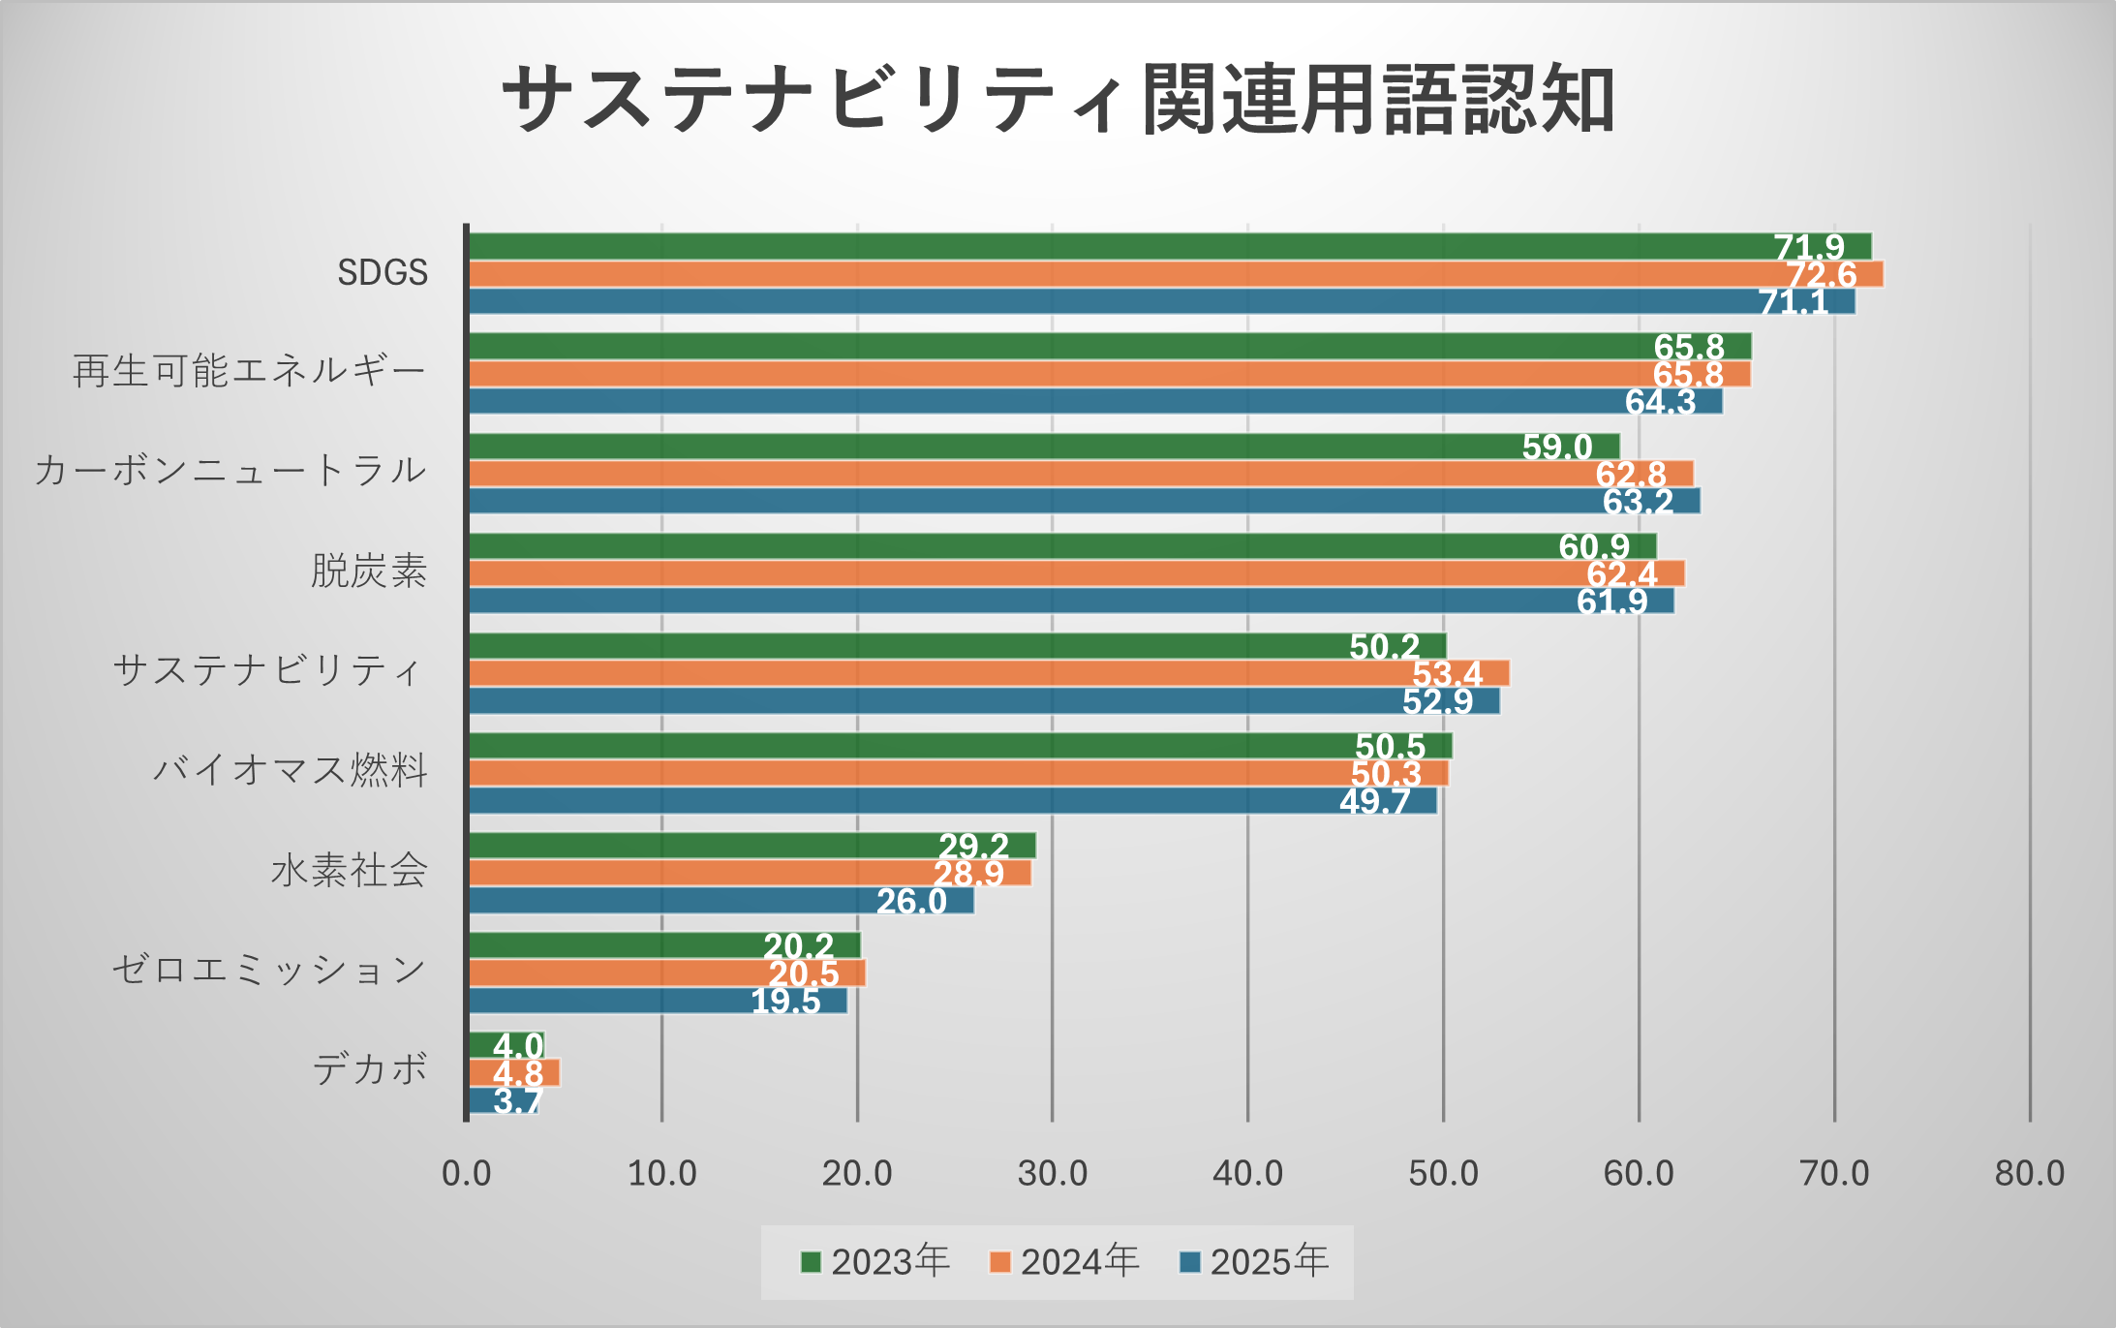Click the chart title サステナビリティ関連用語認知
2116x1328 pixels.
(x=1058, y=100)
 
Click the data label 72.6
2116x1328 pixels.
(x=1822, y=275)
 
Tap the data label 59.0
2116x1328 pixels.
(x=1557, y=448)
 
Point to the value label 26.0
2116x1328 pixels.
(x=911, y=902)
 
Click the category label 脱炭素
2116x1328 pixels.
(x=369, y=571)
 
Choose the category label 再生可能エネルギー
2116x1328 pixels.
(x=250, y=372)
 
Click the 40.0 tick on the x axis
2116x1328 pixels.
(x=1247, y=1174)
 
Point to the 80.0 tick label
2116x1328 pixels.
(x=2029, y=1174)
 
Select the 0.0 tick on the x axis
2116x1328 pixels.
(x=467, y=1174)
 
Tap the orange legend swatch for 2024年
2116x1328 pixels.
(x=1000, y=1262)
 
